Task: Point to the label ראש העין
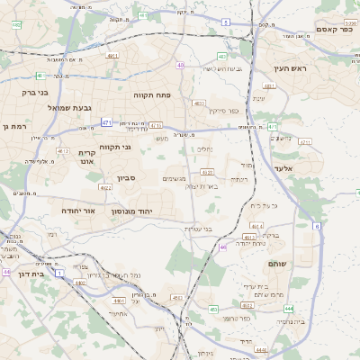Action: (x=292, y=68)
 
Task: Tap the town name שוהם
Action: (x=277, y=263)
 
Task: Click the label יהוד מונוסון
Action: (x=132, y=210)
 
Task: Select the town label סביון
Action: (x=125, y=178)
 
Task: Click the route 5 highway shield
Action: (x=226, y=21)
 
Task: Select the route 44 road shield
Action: (x=6, y=272)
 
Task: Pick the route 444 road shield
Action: (x=262, y=349)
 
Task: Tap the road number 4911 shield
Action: (x=112, y=56)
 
